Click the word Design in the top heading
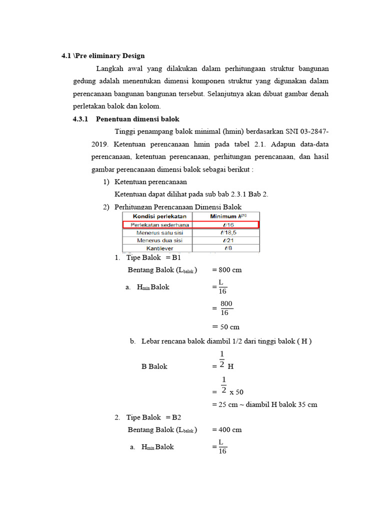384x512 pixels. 132,56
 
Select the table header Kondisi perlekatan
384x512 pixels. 156,216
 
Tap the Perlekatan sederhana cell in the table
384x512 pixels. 156,224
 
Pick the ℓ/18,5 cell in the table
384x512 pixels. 225,232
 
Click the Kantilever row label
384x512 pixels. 156,248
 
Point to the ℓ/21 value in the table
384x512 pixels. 225,240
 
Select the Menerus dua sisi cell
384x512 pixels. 156,240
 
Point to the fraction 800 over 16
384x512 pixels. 225,308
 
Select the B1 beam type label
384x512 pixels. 176,257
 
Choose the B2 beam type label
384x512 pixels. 176,417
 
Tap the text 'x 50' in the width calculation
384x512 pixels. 236,392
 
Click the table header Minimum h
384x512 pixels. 225,216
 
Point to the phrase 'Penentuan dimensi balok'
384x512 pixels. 137,119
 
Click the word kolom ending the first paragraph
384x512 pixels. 151,106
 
